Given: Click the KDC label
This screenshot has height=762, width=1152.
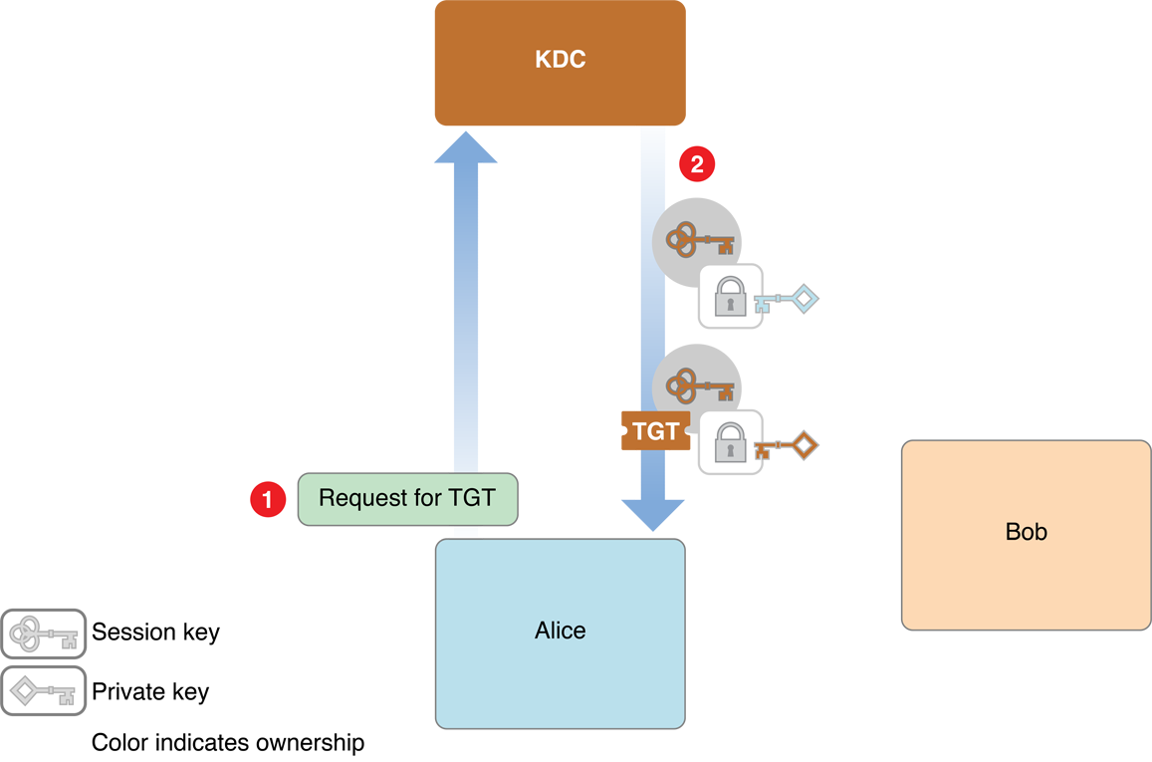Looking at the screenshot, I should point(561,59).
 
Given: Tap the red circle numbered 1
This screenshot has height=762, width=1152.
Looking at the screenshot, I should point(266,499).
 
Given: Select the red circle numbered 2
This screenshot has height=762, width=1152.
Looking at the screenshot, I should point(697,163).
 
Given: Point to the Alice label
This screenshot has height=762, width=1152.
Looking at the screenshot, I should point(561,631).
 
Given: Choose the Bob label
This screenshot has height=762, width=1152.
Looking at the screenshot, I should point(1027,532).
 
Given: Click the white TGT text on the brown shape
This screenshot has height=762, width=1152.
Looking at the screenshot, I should point(655,432).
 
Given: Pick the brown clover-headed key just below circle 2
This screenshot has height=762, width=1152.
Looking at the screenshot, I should point(699,240).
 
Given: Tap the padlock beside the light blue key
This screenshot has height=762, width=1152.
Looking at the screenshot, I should point(730,296).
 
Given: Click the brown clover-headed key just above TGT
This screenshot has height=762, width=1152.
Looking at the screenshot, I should point(699,385).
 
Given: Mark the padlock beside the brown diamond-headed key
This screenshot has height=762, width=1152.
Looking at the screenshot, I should point(730,442).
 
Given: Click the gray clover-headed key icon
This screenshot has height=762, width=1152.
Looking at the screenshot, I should point(43,634).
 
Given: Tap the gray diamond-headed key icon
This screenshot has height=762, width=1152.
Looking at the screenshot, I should point(43,690).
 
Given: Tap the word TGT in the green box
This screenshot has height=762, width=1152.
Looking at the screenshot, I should point(472,497).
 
